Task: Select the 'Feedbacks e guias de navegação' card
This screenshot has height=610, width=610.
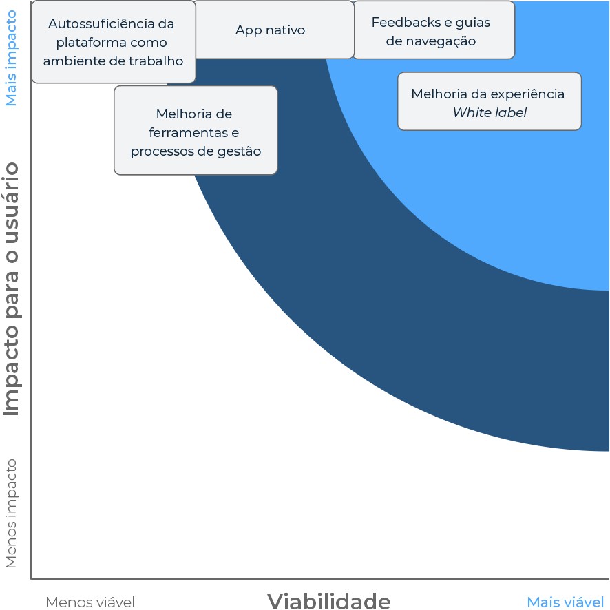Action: click(433, 31)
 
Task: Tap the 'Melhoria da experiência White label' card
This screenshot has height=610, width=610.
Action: click(489, 102)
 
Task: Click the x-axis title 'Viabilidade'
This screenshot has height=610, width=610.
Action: click(328, 601)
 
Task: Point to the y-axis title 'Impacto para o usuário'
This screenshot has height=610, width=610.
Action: click(12, 288)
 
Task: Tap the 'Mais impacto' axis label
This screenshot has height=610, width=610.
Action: click(12, 58)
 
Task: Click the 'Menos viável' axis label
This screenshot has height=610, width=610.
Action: click(90, 602)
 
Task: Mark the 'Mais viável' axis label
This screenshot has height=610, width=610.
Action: click(565, 602)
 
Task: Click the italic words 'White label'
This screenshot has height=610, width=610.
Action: click(490, 112)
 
